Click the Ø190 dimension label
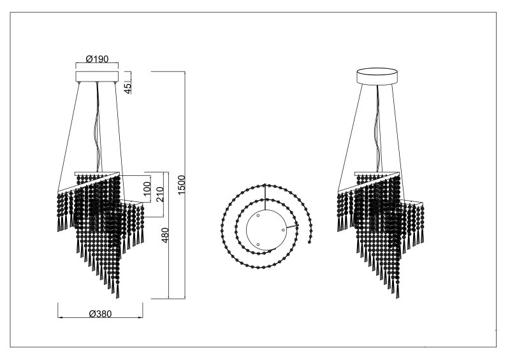click(97, 59)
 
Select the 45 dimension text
click(128, 88)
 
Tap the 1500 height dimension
click(182, 185)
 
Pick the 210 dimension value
click(161, 194)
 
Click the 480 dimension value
click(165, 235)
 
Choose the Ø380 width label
click(100, 314)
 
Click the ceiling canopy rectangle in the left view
click(97, 76)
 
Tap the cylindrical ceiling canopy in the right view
click(377, 76)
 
